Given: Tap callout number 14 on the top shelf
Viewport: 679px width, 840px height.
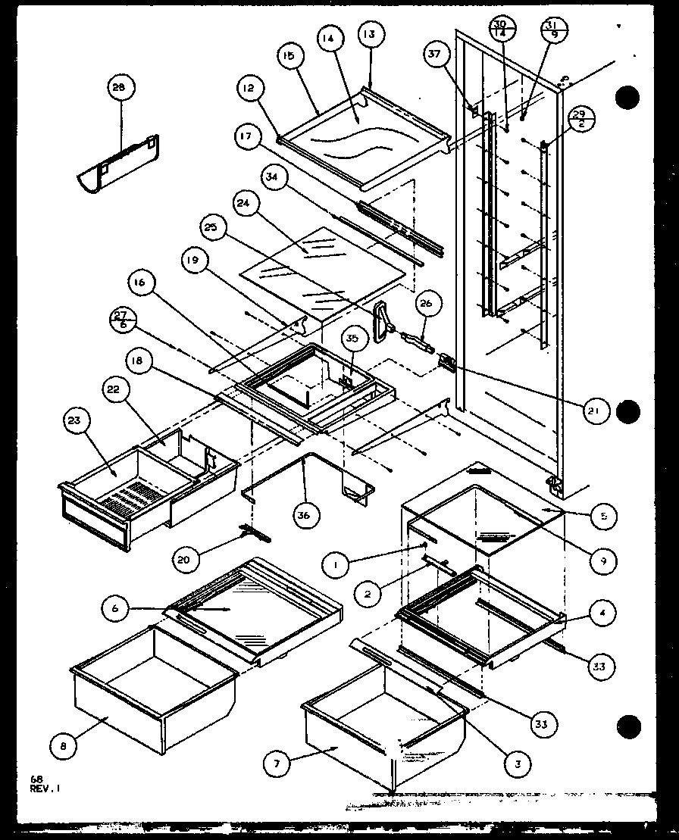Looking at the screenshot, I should coord(330,40).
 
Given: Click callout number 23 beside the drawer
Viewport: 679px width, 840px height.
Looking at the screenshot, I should coord(77,420).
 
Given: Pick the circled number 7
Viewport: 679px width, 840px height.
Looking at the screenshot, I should coord(277,764).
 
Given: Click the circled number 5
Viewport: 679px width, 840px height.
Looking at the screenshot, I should coord(604,517).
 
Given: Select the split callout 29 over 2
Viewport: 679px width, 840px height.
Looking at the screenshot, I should coord(582,120).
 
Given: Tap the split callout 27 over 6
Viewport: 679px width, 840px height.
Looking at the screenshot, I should coord(120,320).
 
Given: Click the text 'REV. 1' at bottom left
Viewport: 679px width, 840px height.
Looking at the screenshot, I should coord(45,787).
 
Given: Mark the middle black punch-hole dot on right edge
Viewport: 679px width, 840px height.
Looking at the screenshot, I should coord(627,411).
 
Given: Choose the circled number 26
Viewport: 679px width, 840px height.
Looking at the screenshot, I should coord(425,305).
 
